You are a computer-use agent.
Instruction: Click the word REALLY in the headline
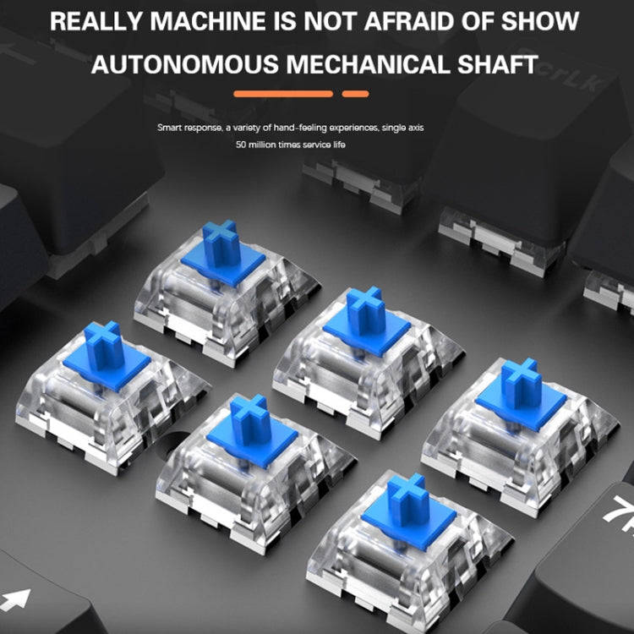tap(96, 21)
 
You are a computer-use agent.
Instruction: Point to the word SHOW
tap(540, 21)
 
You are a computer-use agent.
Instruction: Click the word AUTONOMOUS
tap(185, 64)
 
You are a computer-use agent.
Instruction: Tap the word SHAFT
tap(498, 64)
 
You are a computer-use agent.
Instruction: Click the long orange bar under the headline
tap(283, 94)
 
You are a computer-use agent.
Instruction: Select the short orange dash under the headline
tap(355, 94)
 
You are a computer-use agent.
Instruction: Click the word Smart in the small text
tap(169, 128)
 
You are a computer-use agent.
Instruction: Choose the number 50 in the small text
tap(241, 145)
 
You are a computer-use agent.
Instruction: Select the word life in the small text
tap(339, 145)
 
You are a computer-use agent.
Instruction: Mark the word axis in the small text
tap(415, 128)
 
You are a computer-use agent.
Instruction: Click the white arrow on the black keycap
tap(16, 599)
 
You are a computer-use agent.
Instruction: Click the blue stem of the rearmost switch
tap(223, 252)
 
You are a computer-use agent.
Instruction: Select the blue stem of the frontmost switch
tap(409, 511)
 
